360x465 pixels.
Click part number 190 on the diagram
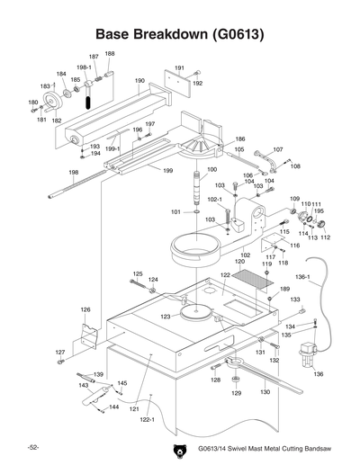click(139, 81)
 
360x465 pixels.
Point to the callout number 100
click(211, 169)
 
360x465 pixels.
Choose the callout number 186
click(239, 139)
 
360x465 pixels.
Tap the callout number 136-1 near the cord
click(302, 277)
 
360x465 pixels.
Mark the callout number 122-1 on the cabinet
click(147, 420)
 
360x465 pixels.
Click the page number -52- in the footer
click(32, 447)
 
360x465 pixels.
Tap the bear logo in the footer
click(177, 449)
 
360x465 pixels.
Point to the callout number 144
click(113, 407)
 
